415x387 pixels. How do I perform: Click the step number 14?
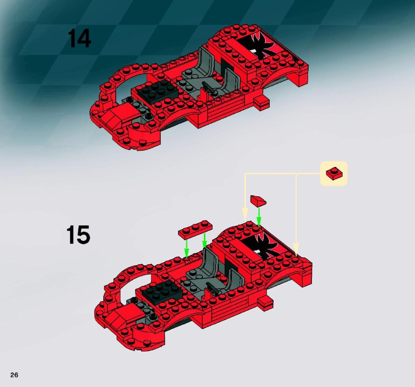[x=80, y=39]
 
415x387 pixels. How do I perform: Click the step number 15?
[x=78, y=235]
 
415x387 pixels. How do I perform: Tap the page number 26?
[x=14, y=375]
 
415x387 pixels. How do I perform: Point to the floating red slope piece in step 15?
[x=258, y=200]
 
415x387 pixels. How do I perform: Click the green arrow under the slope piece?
[x=259, y=217]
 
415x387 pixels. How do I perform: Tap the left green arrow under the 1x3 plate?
[x=187, y=248]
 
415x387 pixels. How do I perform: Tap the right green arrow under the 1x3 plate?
[x=204, y=240]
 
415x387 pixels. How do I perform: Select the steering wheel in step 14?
[x=210, y=88]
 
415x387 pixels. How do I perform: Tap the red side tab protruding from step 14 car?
[x=263, y=103]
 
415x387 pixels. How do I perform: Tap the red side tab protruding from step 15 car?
[x=266, y=302]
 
